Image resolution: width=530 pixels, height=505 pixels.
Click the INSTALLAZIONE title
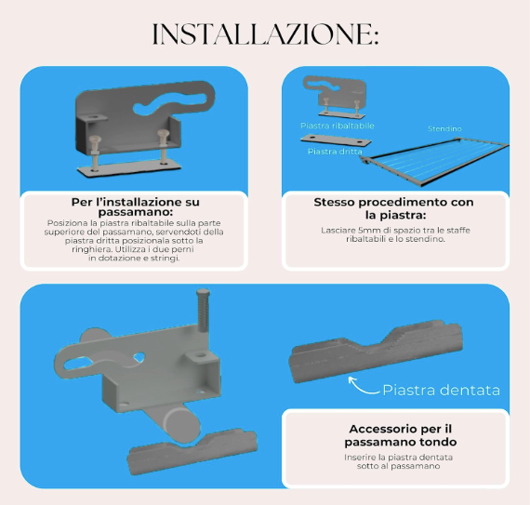tap(266, 33)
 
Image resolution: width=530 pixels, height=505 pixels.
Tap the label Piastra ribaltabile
tap(338, 126)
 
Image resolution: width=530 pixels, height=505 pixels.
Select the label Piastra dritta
tap(335, 152)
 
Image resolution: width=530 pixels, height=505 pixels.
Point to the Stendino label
tap(444, 128)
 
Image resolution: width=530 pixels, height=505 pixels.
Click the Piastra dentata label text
tap(441, 390)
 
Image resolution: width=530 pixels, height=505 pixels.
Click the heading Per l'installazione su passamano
tap(135, 207)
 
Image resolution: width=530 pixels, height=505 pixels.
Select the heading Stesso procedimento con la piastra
tap(394, 208)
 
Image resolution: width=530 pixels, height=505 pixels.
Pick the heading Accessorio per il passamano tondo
tap(401, 435)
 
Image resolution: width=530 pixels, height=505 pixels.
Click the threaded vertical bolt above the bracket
tap(203, 310)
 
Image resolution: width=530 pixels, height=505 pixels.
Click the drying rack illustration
tap(436, 162)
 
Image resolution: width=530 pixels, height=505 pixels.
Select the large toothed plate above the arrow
tap(376, 352)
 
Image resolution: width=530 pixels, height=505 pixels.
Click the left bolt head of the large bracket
tap(95, 139)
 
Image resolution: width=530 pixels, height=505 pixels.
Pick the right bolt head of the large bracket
tap(163, 133)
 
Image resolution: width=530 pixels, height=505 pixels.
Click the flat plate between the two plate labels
tap(336, 140)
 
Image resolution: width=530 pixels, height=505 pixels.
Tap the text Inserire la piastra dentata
tap(398, 458)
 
